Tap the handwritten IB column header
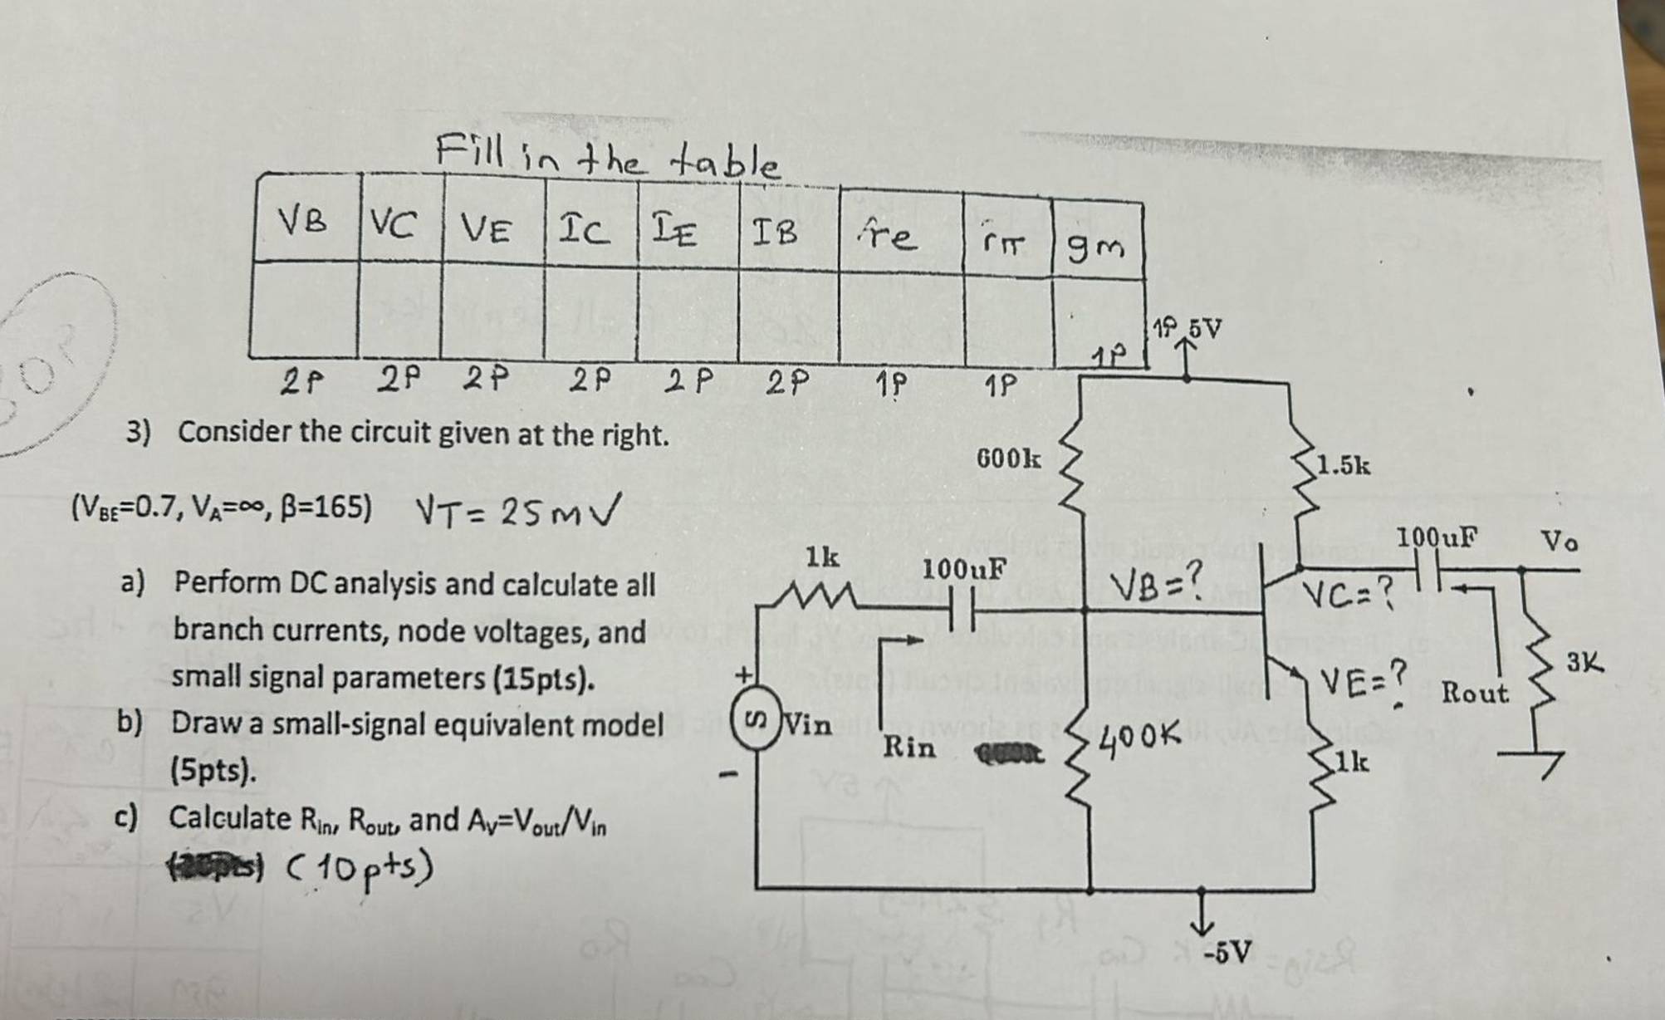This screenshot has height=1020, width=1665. point(774,233)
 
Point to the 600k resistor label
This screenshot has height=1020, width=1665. point(1007,458)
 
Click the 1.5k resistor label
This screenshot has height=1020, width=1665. point(1344,465)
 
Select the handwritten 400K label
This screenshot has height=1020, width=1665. point(1139,734)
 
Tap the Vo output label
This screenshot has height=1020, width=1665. point(1560,542)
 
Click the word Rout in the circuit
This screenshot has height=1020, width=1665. point(1474,692)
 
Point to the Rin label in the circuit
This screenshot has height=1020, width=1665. point(908,747)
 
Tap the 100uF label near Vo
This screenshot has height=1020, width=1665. point(1436,537)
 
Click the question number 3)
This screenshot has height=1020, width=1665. point(138,434)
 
